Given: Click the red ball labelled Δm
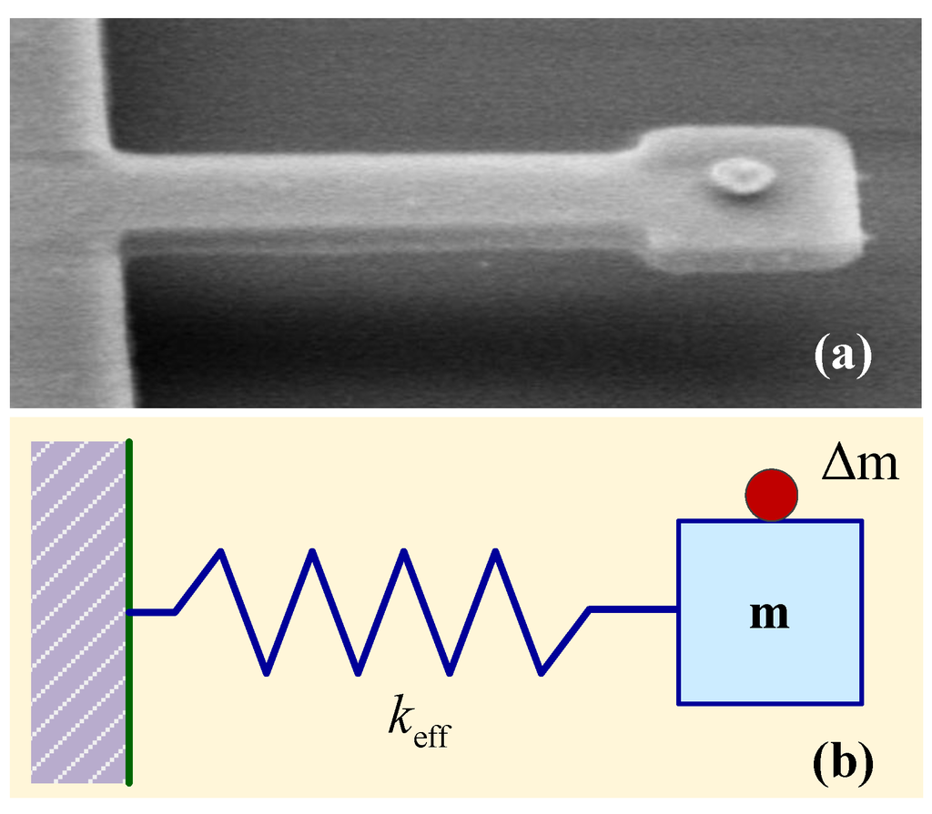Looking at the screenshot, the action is (771, 495).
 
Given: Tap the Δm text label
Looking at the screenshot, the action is (859, 465).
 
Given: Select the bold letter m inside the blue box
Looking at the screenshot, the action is (769, 615).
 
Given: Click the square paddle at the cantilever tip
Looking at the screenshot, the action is (755, 200).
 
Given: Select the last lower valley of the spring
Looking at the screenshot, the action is (542, 673).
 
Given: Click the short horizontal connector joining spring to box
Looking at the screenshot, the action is (633, 608).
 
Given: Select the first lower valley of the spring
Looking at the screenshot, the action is (267, 673).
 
